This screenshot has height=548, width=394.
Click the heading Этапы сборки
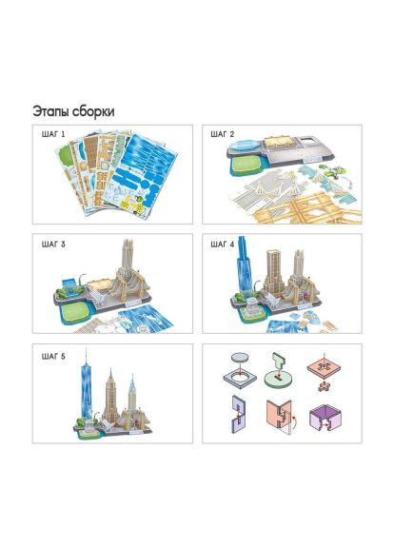coord(73,111)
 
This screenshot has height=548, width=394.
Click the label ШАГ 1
coord(53,134)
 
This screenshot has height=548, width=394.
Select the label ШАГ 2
coord(223,134)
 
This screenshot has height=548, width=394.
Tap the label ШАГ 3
coord(53,245)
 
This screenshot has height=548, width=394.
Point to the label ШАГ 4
coord(223,245)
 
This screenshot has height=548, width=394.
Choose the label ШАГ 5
coord(53,357)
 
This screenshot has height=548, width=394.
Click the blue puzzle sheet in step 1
coord(142,174)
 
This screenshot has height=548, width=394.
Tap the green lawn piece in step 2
coord(246,164)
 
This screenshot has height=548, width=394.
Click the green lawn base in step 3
coord(74,310)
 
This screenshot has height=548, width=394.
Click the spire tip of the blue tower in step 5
coord(86,349)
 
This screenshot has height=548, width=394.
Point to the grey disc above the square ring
coord(241,358)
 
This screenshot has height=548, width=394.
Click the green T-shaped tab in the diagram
coord(280,362)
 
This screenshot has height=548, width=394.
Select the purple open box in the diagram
coord(325,418)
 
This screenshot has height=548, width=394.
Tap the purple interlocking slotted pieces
coord(238,414)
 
